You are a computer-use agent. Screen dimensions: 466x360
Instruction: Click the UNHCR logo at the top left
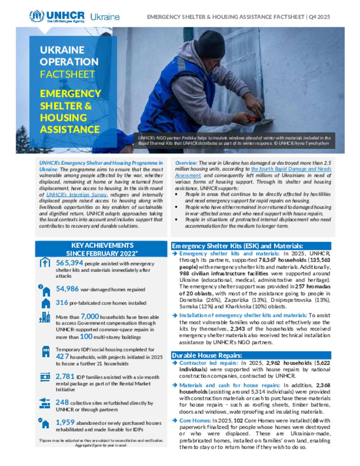coord(57,16)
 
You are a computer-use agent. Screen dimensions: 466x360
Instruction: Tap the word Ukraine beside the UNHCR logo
coord(105,17)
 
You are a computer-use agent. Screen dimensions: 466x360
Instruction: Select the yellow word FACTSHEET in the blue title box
coord(67,74)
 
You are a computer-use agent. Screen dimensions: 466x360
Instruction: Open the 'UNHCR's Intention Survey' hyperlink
coord(76,194)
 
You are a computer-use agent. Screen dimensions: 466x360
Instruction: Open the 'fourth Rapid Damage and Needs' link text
coord(291,169)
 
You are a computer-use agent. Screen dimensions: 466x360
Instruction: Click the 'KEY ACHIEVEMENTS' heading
coord(102,245)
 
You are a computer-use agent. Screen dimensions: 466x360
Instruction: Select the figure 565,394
coord(69,263)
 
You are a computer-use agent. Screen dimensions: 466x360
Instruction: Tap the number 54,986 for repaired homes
coord(67,289)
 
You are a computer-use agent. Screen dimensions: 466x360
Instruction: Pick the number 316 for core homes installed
coord(62,302)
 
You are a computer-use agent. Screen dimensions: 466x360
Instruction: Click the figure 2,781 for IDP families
coord(65,376)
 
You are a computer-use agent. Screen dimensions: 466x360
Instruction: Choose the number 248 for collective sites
coord(62,402)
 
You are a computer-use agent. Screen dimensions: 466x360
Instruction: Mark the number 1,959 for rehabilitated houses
coord(65,422)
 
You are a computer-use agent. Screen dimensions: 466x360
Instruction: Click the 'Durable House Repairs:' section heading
coord(207,355)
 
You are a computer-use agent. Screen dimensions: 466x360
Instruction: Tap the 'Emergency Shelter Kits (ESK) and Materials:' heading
coord(237,246)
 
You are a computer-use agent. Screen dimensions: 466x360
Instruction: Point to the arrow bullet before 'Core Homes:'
coord(175,420)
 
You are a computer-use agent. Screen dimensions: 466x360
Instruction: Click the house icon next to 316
coord(46,303)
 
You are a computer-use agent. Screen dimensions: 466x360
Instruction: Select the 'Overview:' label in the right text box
coord(186,163)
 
